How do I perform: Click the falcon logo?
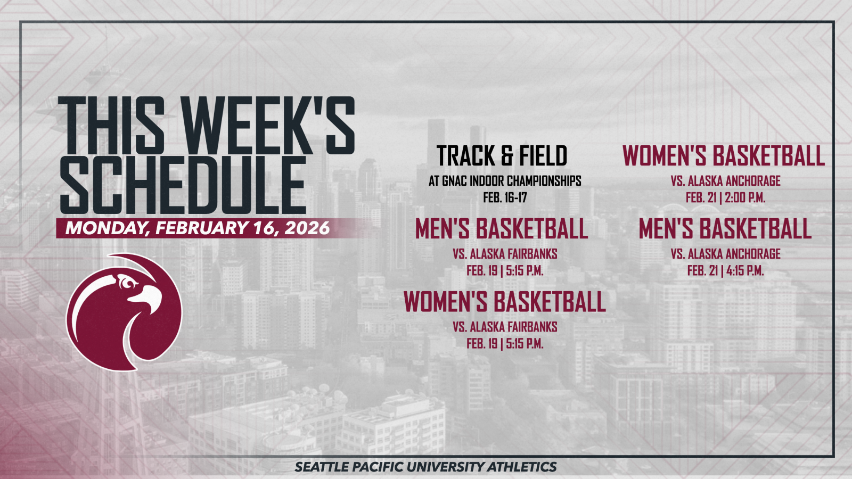pos(124,312)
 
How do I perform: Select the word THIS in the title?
pos(111,127)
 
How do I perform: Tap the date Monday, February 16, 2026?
pos(198,228)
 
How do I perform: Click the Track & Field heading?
pos(502,156)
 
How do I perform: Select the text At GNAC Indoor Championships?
pos(505,181)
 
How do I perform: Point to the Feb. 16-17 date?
pos(505,197)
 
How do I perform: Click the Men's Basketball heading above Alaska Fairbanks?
pos(502,229)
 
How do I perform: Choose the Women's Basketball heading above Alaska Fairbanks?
pos(504,302)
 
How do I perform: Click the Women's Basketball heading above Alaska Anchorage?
pos(724,156)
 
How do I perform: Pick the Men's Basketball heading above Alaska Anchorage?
pos(725,229)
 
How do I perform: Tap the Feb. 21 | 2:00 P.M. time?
pos(725,197)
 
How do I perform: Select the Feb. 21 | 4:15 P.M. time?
pos(725,270)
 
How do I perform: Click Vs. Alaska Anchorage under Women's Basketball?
pos(725,181)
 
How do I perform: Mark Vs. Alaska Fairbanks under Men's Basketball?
pos(505,254)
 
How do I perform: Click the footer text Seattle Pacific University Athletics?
pos(425,467)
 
